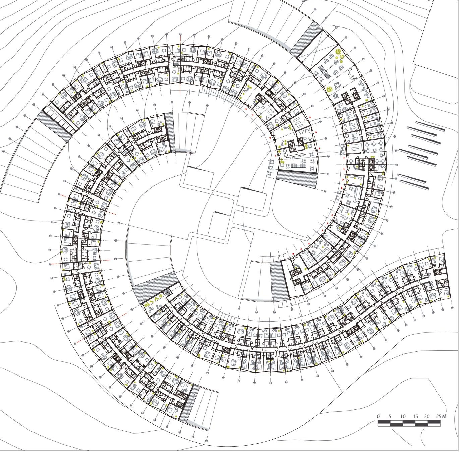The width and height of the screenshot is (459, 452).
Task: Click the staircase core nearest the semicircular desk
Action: click(346, 98)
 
